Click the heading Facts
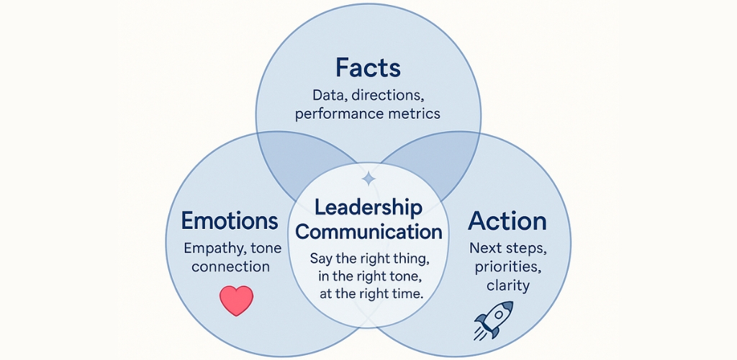(x=368, y=68)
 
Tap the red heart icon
(x=236, y=300)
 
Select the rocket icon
(x=493, y=320)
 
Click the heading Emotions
(x=230, y=221)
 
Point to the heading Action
(x=507, y=221)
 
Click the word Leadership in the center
(x=368, y=208)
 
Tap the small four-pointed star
(x=368, y=179)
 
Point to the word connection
(x=230, y=266)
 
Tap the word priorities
(x=506, y=267)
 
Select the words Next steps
(x=507, y=248)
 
